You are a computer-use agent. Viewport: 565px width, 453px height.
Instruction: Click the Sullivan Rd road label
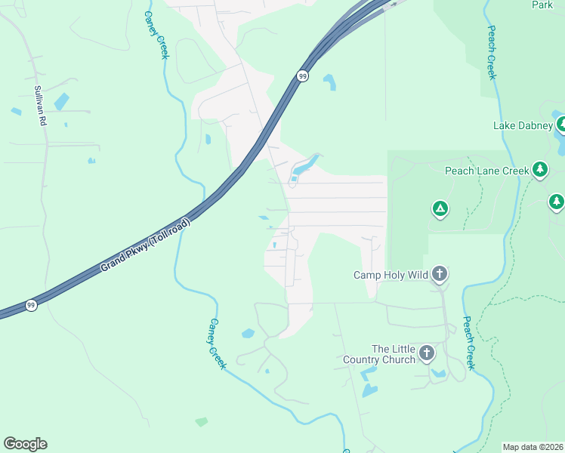(x=40, y=105)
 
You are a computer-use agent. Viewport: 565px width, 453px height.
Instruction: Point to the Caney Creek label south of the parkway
(x=217, y=343)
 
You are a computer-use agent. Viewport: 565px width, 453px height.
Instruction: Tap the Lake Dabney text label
(x=523, y=125)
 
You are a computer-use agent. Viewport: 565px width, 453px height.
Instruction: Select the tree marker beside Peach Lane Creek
(x=539, y=170)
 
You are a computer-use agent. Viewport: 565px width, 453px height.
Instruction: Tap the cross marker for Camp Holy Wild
(x=440, y=274)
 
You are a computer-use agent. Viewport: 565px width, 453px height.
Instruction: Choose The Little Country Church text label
(x=394, y=354)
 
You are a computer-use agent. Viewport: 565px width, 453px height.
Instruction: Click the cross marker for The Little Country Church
(x=427, y=353)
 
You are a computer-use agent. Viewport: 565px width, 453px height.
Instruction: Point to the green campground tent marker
(x=440, y=208)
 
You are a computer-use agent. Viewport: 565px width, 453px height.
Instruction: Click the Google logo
(x=25, y=444)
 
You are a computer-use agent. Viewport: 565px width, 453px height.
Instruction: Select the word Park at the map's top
(x=542, y=5)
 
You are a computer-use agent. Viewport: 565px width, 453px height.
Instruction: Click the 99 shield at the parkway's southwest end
(x=30, y=305)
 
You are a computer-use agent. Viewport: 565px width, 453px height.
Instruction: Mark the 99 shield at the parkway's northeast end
(x=302, y=75)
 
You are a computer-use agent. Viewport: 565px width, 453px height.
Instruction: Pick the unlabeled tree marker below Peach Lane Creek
(x=557, y=202)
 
